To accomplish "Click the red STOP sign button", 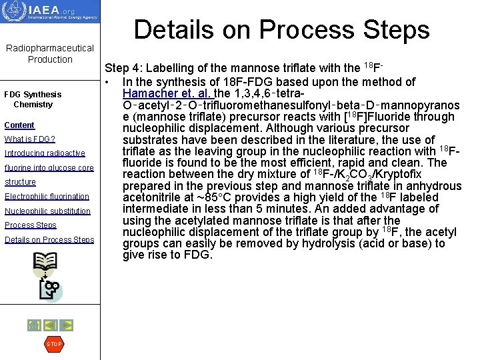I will point(53,344).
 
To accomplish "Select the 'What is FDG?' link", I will point(29,139).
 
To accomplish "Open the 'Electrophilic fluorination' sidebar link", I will point(47,197).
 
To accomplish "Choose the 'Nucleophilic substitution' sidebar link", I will point(47,211).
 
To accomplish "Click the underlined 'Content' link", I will point(19,125).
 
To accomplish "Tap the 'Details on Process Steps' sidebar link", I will point(49,240).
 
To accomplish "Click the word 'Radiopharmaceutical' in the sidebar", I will point(50,48).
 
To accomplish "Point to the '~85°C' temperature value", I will point(221,197).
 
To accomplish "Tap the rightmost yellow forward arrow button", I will point(66,325).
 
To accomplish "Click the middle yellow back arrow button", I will point(50,325).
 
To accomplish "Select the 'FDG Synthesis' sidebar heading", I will point(33,95).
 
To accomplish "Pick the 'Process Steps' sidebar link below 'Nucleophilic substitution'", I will point(31,225).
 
